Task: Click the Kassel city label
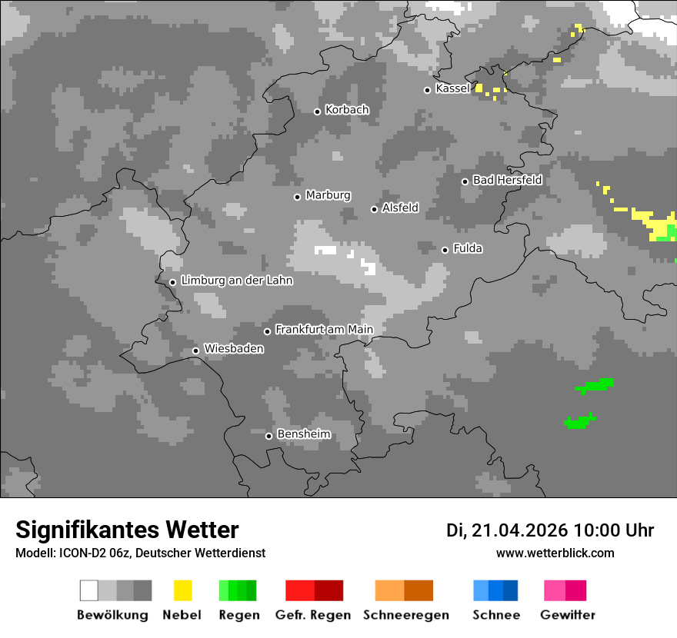click(x=452, y=88)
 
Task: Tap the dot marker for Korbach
click(x=317, y=111)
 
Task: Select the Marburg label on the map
click(x=328, y=195)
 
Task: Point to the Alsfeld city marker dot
click(x=374, y=209)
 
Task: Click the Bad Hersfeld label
click(x=507, y=180)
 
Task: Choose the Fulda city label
click(x=468, y=248)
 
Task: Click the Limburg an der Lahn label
click(x=236, y=281)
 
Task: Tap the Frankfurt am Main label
click(x=324, y=330)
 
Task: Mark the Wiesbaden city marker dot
click(x=195, y=351)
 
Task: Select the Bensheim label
click(x=303, y=434)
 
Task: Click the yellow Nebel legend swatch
click(x=182, y=590)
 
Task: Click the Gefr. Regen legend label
click(x=313, y=615)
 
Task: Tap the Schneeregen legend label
click(x=406, y=615)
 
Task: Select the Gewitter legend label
click(x=568, y=615)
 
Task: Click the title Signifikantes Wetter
click(x=127, y=530)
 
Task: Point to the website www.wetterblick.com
click(x=555, y=553)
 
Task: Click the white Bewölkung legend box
click(x=89, y=590)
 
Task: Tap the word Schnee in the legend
click(x=496, y=615)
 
